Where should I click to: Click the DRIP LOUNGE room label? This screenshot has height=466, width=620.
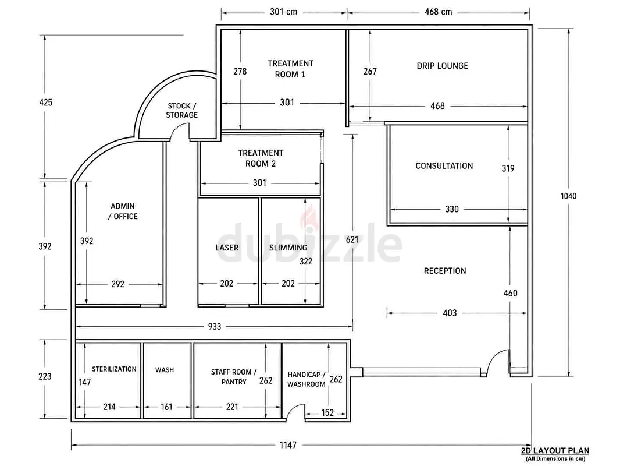pos(442,66)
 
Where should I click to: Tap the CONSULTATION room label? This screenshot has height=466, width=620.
pos(444,166)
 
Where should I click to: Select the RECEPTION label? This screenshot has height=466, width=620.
pos(445,271)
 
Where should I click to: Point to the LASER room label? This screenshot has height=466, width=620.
pos(227,248)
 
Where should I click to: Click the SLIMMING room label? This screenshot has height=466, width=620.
pos(288,248)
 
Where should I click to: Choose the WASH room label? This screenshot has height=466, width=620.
pos(165,370)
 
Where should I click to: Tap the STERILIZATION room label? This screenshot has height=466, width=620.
pos(114,369)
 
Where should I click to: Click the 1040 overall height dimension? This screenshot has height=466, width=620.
pos(568,196)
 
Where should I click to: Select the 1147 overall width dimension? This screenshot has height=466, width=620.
pos(288,445)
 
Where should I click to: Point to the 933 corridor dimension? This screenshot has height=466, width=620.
pos(214,327)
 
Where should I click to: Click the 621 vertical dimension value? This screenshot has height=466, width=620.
pos(352,239)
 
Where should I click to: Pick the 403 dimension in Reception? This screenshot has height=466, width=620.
pos(450,313)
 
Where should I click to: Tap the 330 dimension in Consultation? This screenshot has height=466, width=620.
pos(451,209)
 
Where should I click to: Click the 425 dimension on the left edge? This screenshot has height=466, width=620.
pos(45,103)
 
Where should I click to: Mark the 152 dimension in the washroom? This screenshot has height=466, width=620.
pos(327,413)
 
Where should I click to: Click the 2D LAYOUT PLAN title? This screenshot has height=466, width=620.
pos(555,450)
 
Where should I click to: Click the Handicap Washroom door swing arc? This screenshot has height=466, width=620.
pos(293,408)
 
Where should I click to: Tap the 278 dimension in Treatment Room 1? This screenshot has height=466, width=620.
pos(240,71)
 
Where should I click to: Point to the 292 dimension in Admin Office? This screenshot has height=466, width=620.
pos(118,284)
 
